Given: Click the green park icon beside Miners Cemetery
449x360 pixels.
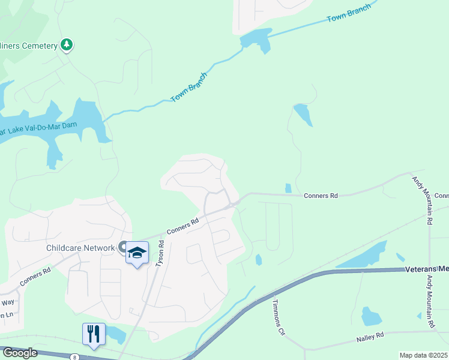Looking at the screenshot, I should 67,45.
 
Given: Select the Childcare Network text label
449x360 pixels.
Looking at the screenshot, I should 80,248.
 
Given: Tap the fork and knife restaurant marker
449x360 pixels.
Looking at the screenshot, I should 94,333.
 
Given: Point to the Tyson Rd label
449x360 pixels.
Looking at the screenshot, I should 160,254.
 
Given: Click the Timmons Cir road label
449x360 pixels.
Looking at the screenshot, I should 279,317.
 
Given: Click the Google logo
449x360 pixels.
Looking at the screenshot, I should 19,353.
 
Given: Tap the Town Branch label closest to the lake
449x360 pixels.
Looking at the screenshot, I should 188,88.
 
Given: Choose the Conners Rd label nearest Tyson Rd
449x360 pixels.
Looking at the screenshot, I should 183,226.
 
